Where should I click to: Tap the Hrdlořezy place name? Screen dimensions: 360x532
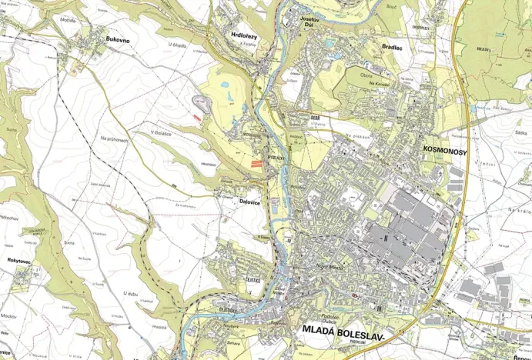[x=244, y=35]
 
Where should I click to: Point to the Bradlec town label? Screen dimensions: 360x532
[x=392, y=47]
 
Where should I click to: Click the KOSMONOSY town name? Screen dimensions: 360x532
[x=445, y=152]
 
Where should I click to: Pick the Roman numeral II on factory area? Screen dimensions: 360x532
[x=384, y=238]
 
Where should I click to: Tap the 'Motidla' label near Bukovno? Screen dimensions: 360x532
[x=69, y=20]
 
